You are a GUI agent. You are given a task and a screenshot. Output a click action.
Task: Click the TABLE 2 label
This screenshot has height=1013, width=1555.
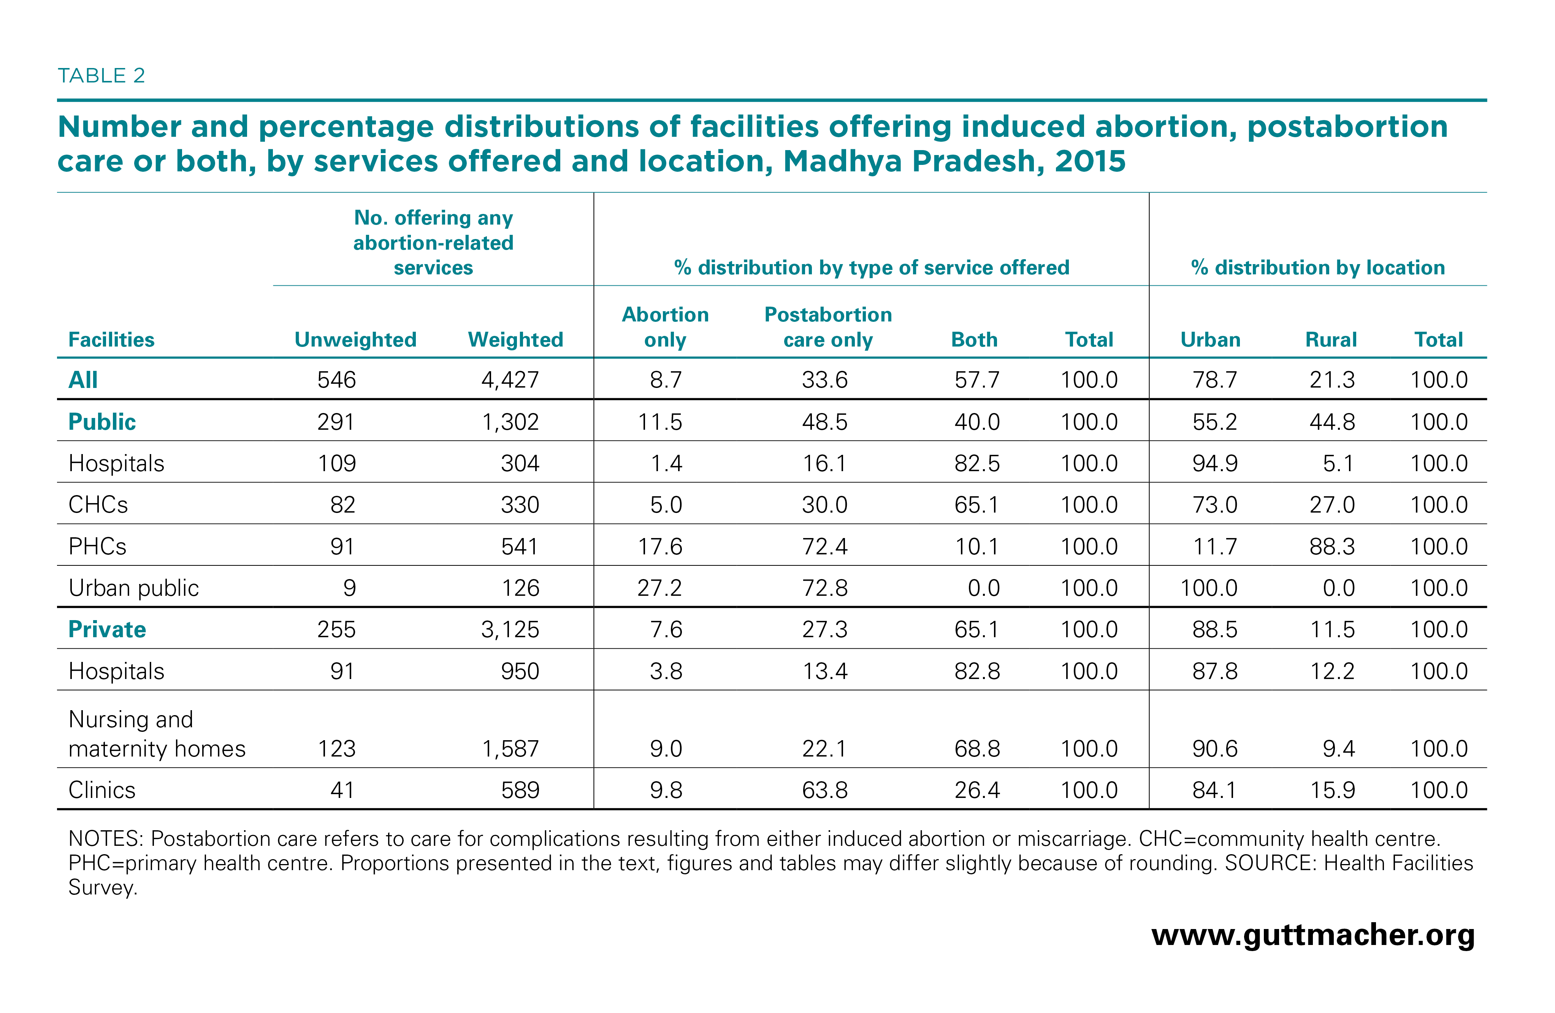101,76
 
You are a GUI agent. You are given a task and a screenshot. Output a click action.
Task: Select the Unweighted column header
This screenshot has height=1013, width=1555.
355,340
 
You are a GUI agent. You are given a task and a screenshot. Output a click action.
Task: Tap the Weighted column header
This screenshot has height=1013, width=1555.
515,340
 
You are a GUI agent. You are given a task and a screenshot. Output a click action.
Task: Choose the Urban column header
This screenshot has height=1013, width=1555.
1210,340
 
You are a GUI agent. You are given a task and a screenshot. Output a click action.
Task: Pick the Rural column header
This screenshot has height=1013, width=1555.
1331,340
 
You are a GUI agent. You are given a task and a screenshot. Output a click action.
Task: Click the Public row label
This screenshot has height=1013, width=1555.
102,422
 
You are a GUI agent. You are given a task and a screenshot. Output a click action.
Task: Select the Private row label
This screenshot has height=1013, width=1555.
107,630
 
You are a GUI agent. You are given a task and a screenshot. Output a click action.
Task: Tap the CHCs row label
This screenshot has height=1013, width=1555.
98,505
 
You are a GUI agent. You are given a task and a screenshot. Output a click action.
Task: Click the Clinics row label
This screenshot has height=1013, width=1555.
102,790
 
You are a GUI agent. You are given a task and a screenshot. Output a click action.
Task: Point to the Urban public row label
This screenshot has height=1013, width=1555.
133,588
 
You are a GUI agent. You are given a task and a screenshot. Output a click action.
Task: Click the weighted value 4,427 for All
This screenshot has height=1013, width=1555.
510,380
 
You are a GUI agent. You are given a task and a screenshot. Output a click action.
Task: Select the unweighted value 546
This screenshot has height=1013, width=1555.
336,380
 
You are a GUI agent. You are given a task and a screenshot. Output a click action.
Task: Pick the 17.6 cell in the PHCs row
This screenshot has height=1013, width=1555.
660,547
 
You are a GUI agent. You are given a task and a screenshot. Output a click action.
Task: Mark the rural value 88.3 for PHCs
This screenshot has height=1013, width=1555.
1332,547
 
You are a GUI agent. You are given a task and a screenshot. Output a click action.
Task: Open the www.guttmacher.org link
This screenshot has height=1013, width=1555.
1312,935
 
